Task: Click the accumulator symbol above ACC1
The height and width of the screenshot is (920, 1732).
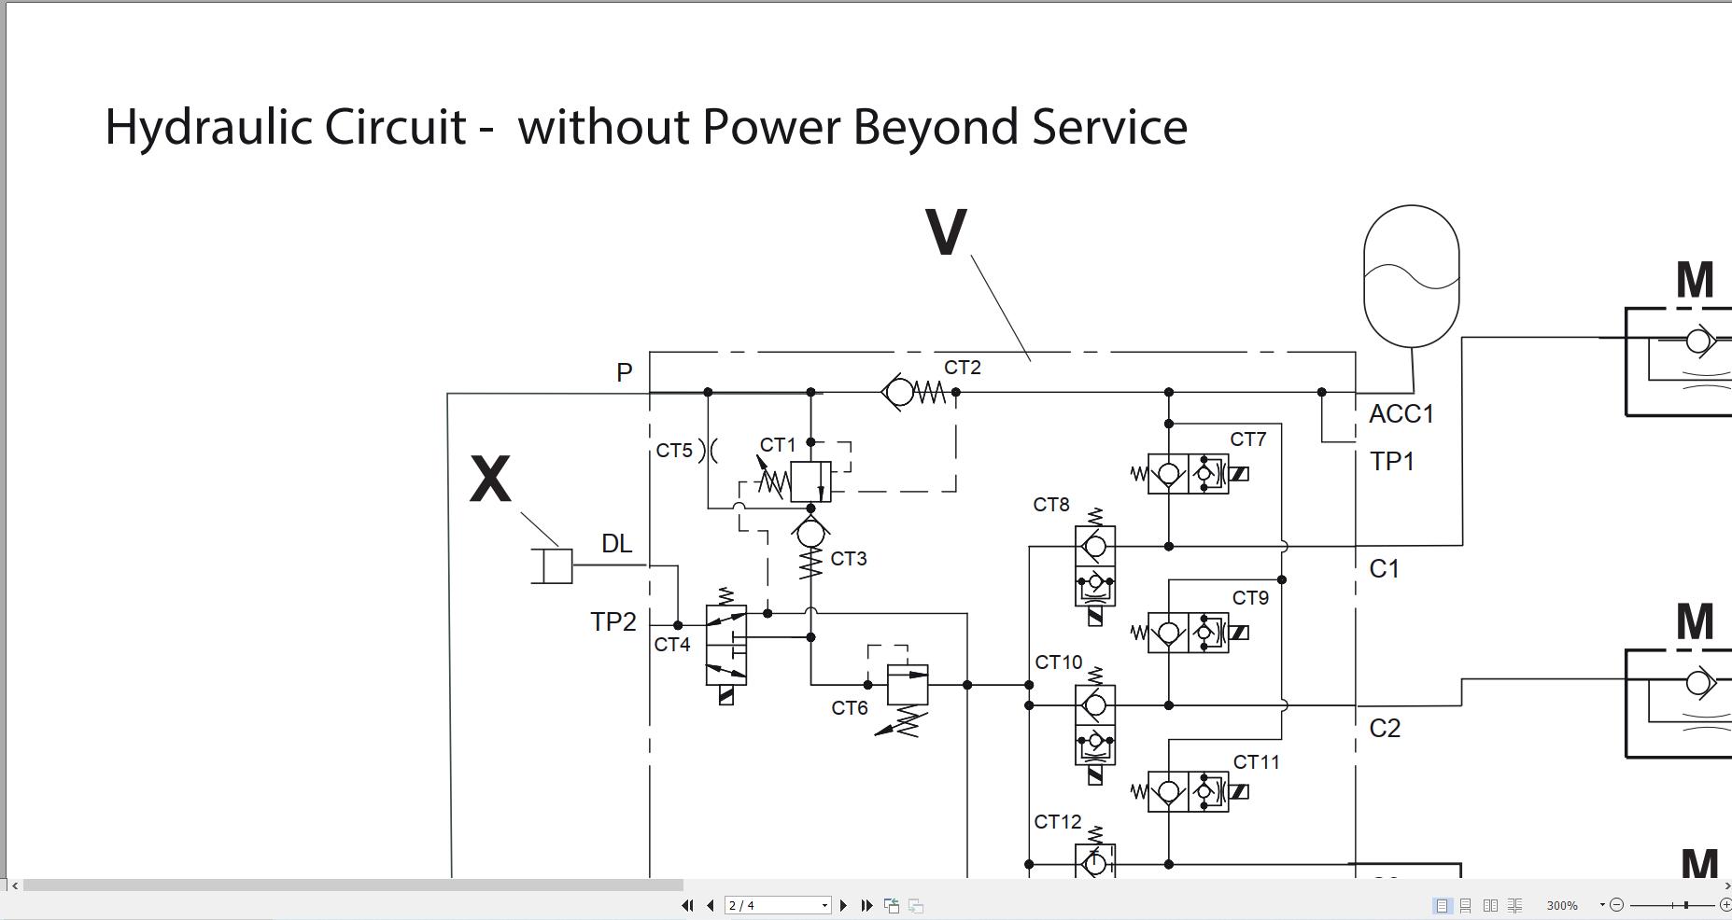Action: point(1411,277)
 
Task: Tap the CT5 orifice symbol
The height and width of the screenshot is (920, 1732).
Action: point(708,451)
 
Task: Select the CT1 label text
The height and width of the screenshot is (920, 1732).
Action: point(778,445)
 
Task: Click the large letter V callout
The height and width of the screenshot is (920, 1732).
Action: point(946,232)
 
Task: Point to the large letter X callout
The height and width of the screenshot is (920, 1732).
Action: point(490,480)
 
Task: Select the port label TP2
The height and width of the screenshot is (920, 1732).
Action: point(613,622)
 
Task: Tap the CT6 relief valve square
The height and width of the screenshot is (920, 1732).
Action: point(907,685)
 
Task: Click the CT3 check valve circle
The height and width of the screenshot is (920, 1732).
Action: point(810,534)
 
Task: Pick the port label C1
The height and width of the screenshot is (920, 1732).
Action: point(1384,569)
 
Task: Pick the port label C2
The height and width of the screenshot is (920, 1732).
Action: point(1385,729)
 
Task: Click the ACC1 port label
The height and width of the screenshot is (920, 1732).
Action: point(1401,414)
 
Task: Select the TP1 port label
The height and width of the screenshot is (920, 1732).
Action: point(1391,462)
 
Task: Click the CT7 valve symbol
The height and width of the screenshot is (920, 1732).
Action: point(1189,474)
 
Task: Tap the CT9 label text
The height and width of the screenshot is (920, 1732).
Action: point(1250,598)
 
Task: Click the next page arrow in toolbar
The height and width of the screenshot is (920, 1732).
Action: point(844,905)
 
